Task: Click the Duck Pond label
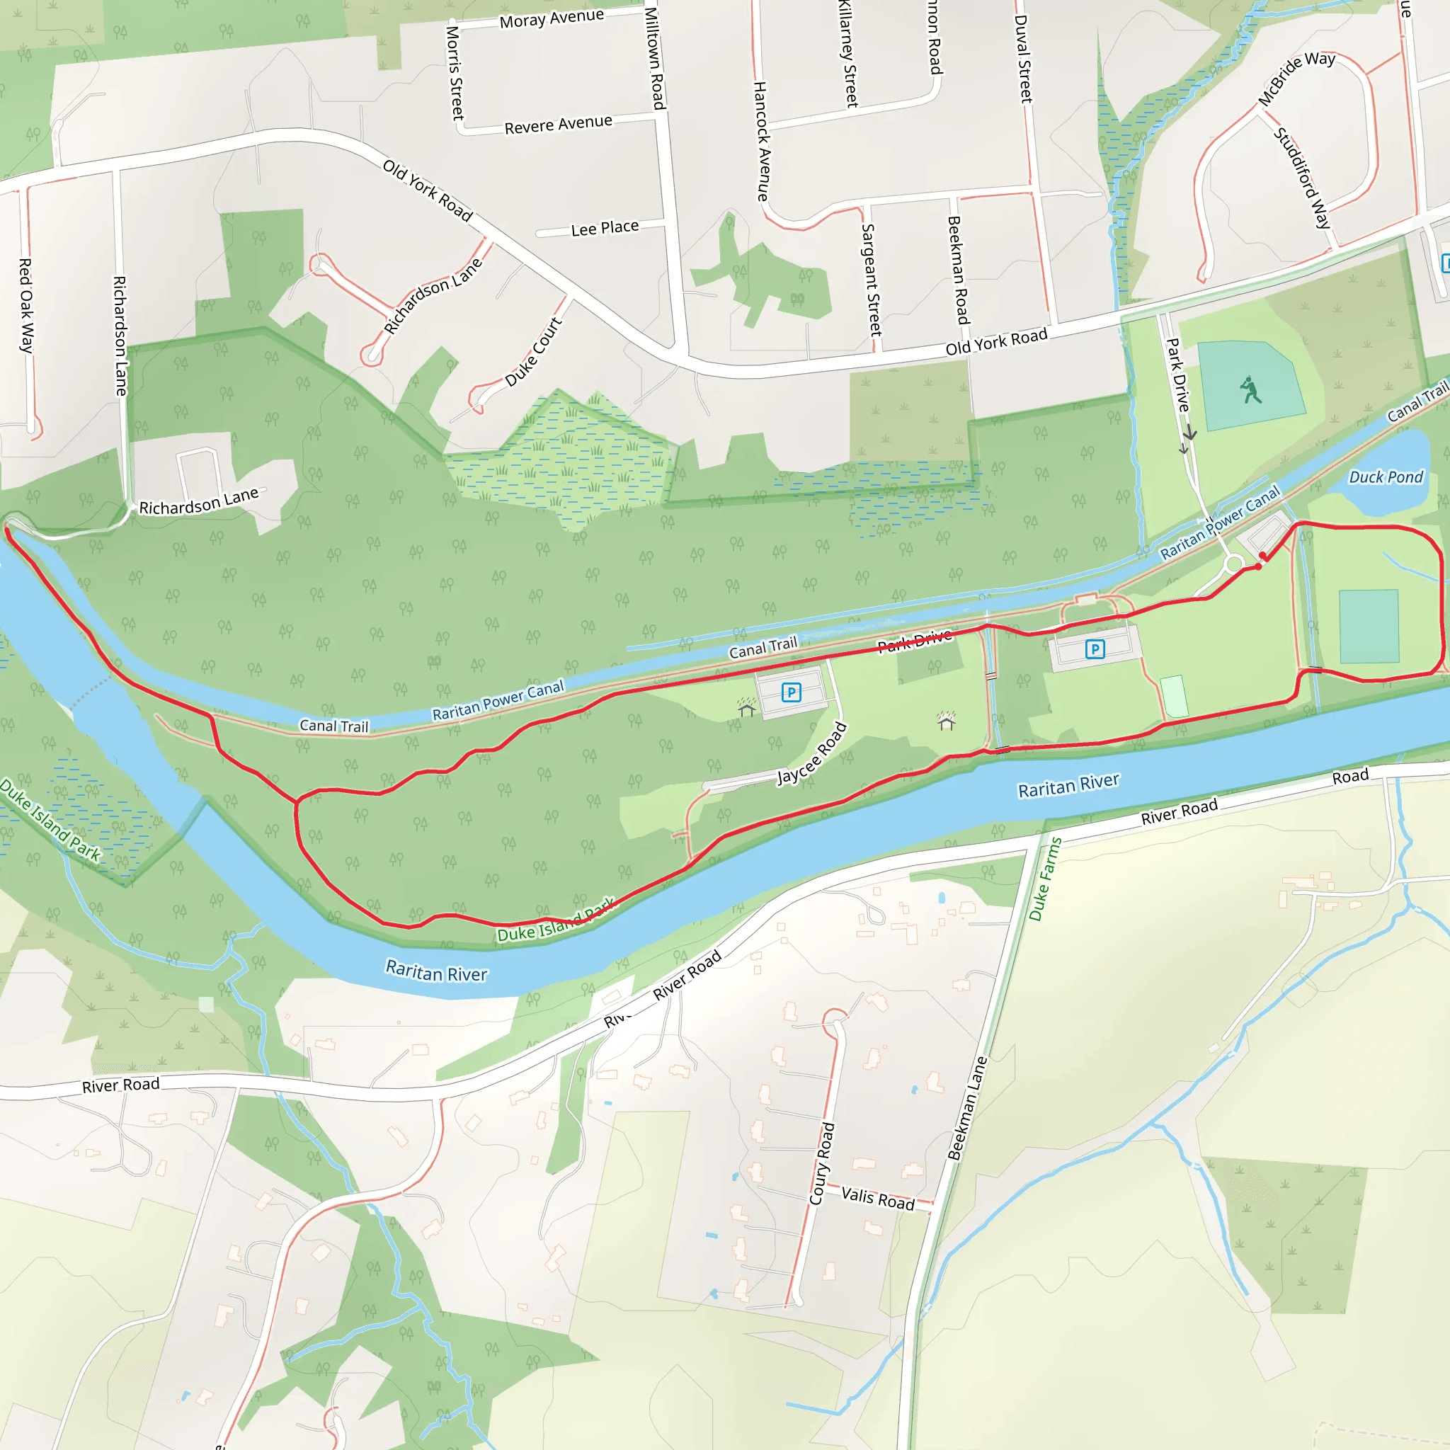click(1386, 477)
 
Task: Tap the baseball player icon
click(1250, 389)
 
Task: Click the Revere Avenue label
click(558, 125)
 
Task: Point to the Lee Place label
click(604, 228)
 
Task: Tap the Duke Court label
click(533, 352)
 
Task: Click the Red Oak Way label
click(25, 305)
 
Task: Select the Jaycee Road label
click(811, 754)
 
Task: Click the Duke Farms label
click(1045, 879)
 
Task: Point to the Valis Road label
click(877, 1199)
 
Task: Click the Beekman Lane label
click(967, 1108)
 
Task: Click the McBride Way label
click(1296, 78)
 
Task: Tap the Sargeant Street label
click(871, 279)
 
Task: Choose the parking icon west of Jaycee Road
click(791, 692)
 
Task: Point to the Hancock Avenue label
click(761, 141)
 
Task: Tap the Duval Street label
click(1023, 59)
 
